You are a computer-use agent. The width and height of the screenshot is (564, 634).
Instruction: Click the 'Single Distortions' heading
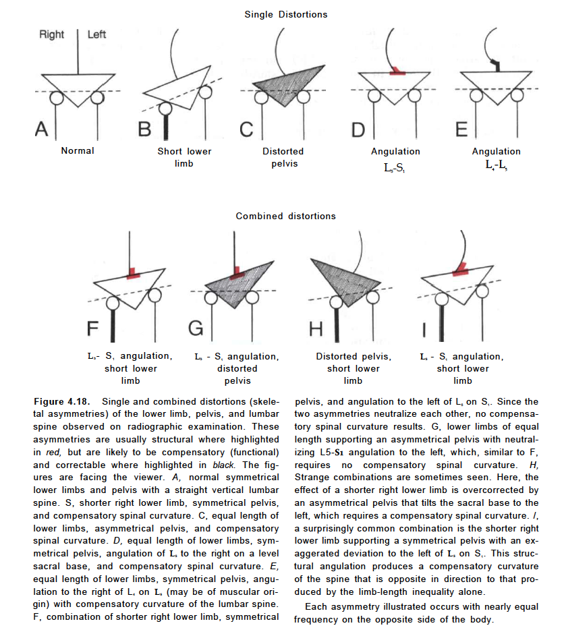pyautogui.click(x=285, y=15)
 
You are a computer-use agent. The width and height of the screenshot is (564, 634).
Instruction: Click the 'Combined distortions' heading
pyautogui.click(x=285, y=216)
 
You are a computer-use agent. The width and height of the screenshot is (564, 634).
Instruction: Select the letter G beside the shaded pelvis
pyautogui.click(x=196, y=328)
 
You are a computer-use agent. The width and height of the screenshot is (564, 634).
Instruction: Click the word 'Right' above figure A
pyautogui.click(x=52, y=34)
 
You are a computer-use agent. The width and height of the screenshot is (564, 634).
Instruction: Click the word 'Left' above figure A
pyautogui.click(x=96, y=34)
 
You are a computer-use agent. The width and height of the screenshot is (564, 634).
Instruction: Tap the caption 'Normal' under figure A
pyautogui.click(x=78, y=151)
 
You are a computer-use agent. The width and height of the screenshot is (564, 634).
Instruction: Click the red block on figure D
pyautogui.click(x=397, y=70)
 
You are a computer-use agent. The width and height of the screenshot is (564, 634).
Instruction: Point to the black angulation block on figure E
pyautogui.click(x=496, y=65)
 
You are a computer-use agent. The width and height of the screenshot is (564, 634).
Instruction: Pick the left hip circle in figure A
pyautogui.click(x=57, y=98)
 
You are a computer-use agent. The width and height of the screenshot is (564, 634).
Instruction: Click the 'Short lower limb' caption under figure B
pyautogui.click(x=184, y=157)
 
